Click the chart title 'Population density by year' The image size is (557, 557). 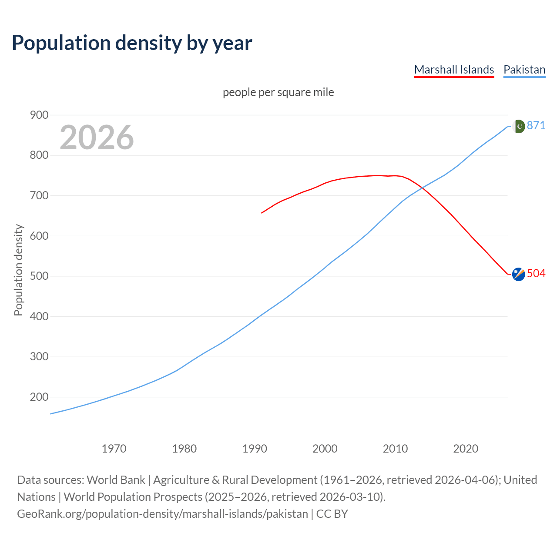pos(132,43)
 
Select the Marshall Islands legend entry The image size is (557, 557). pos(454,70)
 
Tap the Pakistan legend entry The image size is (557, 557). pos(524,70)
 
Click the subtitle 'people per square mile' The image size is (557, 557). pos(278,92)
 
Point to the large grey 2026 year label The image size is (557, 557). pos(97,138)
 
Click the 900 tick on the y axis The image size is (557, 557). pos(39,115)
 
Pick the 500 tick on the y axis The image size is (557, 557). pos(39,276)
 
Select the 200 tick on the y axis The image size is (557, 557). pos(39,397)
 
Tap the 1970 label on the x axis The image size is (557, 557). pos(114,448)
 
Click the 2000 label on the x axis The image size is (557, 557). pos(325,448)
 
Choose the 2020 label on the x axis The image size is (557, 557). pos(466,448)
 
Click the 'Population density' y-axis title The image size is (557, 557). pos(18,270)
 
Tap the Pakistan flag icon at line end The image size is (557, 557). pos(519,126)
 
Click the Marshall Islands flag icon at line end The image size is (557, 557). pos(518,274)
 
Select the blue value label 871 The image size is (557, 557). pos(536,125)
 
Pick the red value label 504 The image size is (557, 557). pos(536,273)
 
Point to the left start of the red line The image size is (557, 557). pos(262,213)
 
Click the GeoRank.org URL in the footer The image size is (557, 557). pos(162,514)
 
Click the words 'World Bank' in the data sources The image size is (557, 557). pos(116,480)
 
